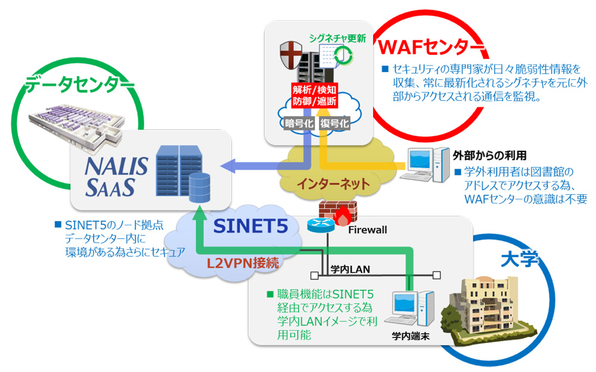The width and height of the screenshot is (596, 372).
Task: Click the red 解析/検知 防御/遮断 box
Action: pos(315,95)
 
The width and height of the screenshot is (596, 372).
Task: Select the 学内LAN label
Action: pos(350,269)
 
